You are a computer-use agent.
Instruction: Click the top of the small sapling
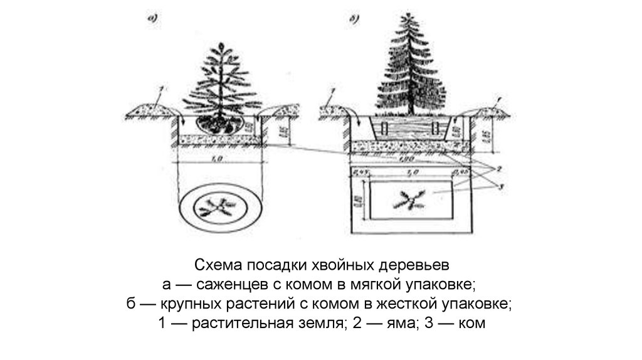220,45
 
